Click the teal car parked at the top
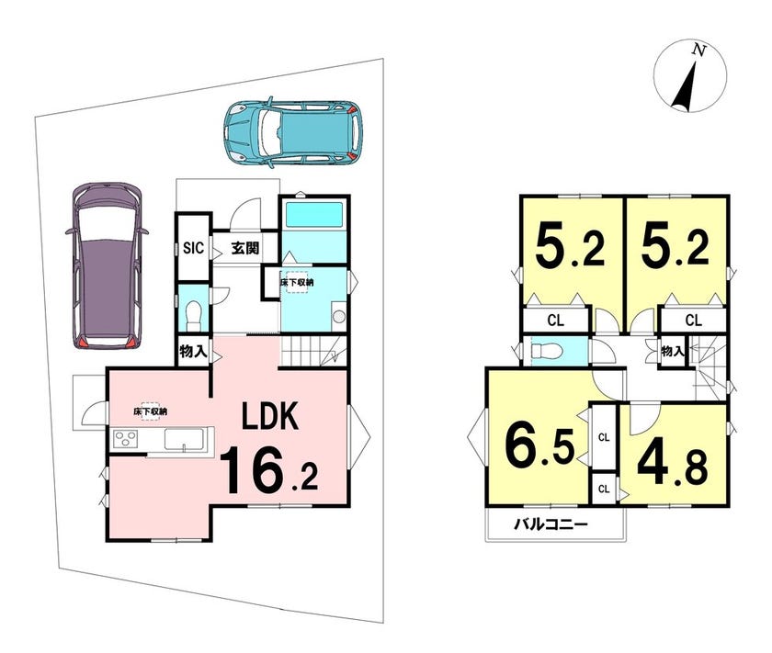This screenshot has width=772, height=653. click(293, 131)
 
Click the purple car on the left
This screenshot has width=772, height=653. click(108, 266)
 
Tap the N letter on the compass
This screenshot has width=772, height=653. click(698, 50)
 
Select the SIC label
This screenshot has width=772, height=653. click(193, 248)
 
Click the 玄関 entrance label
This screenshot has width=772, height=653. click(245, 248)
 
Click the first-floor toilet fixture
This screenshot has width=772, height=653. click(194, 315)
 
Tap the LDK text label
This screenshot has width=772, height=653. click(270, 416)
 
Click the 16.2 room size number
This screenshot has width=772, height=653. click(268, 470)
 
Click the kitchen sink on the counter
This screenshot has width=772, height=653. click(184, 439)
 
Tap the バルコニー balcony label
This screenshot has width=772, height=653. click(551, 524)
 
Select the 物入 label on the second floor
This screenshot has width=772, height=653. click(672, 351)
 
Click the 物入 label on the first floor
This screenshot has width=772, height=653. click(192, 352)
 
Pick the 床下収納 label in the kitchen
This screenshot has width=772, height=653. click(150, 411)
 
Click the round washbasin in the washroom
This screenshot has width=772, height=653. click(339, 316)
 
